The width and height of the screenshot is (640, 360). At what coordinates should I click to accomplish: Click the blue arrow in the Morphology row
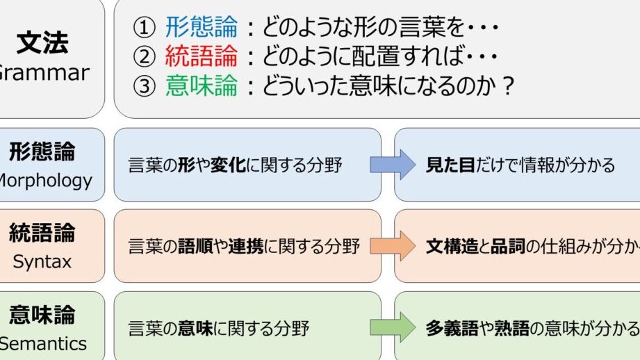click(x=393, y=165)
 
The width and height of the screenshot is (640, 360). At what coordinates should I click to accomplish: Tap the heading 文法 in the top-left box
click(x=42, y=43)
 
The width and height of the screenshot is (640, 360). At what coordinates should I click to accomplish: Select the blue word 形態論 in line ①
click(x=202, y=28)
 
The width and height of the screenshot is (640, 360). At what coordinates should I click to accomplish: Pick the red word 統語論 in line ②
click(x=202, y=56)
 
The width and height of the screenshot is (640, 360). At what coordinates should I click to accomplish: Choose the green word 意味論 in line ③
click(x=202, y=85)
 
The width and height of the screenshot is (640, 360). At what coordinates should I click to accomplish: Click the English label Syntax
click(x=42, y=261)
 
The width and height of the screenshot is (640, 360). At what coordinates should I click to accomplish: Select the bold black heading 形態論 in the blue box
click(x=42, y=152)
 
